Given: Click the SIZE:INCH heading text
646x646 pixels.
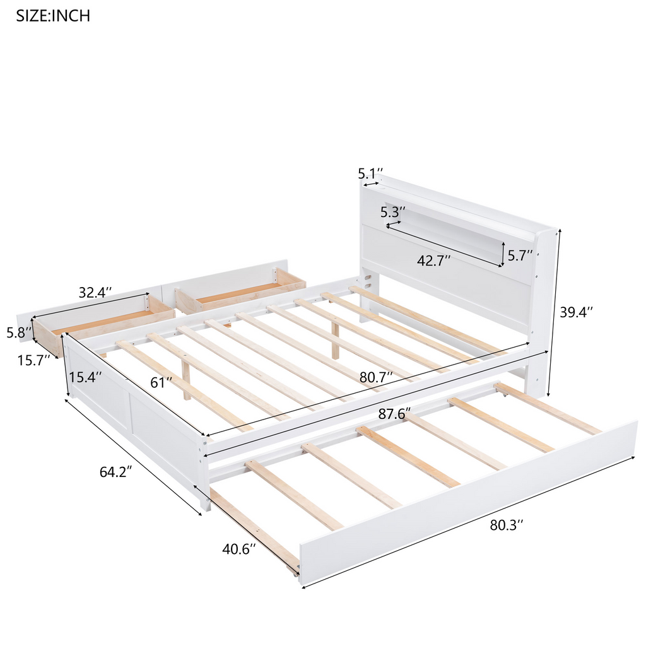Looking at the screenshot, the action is pyautogui.click(x=53, y=16).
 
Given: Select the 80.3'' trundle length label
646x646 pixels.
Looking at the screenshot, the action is pyautogui.click(x=507, y=525).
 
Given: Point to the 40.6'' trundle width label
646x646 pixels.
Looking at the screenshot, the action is pyautogui.click(x=239, y=549).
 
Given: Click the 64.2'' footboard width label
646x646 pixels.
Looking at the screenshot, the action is pyautogui.click(x=116, y=471).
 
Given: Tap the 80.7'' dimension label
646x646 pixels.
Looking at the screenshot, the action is pyautogui.click(x=376, y=377).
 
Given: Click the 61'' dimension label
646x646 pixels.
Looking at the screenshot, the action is pyautogui.click(x=161, y=382).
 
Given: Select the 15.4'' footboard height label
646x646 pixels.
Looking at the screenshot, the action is pyautogui.click(x=85, y=377).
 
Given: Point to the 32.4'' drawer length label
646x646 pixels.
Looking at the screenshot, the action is pyautogui.click(x=95, y=292).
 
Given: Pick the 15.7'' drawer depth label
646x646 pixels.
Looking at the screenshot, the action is pyautogui.click(x=33, y=360).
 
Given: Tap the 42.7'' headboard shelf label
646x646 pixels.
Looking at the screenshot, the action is pyautogui.click(x=433, y=261).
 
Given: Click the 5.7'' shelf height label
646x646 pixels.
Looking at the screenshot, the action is pyautogui.click(x=520, y=255).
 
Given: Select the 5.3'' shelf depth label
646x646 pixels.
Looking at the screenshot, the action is pyautogui.click(x=392, y=212).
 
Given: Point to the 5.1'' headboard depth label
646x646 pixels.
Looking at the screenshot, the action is pyautogui.click(x=370, y=173).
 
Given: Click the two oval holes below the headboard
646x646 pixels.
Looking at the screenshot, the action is pyautogui.click(x=368, y=281).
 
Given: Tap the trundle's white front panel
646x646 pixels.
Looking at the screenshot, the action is pyautogui.click(x=469, y=498).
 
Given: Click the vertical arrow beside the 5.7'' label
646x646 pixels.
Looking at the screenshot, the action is pyautogui.click(x=503, y=254).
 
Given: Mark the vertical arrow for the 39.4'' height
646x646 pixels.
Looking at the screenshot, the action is pyautogui.click(x=553, y=313).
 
